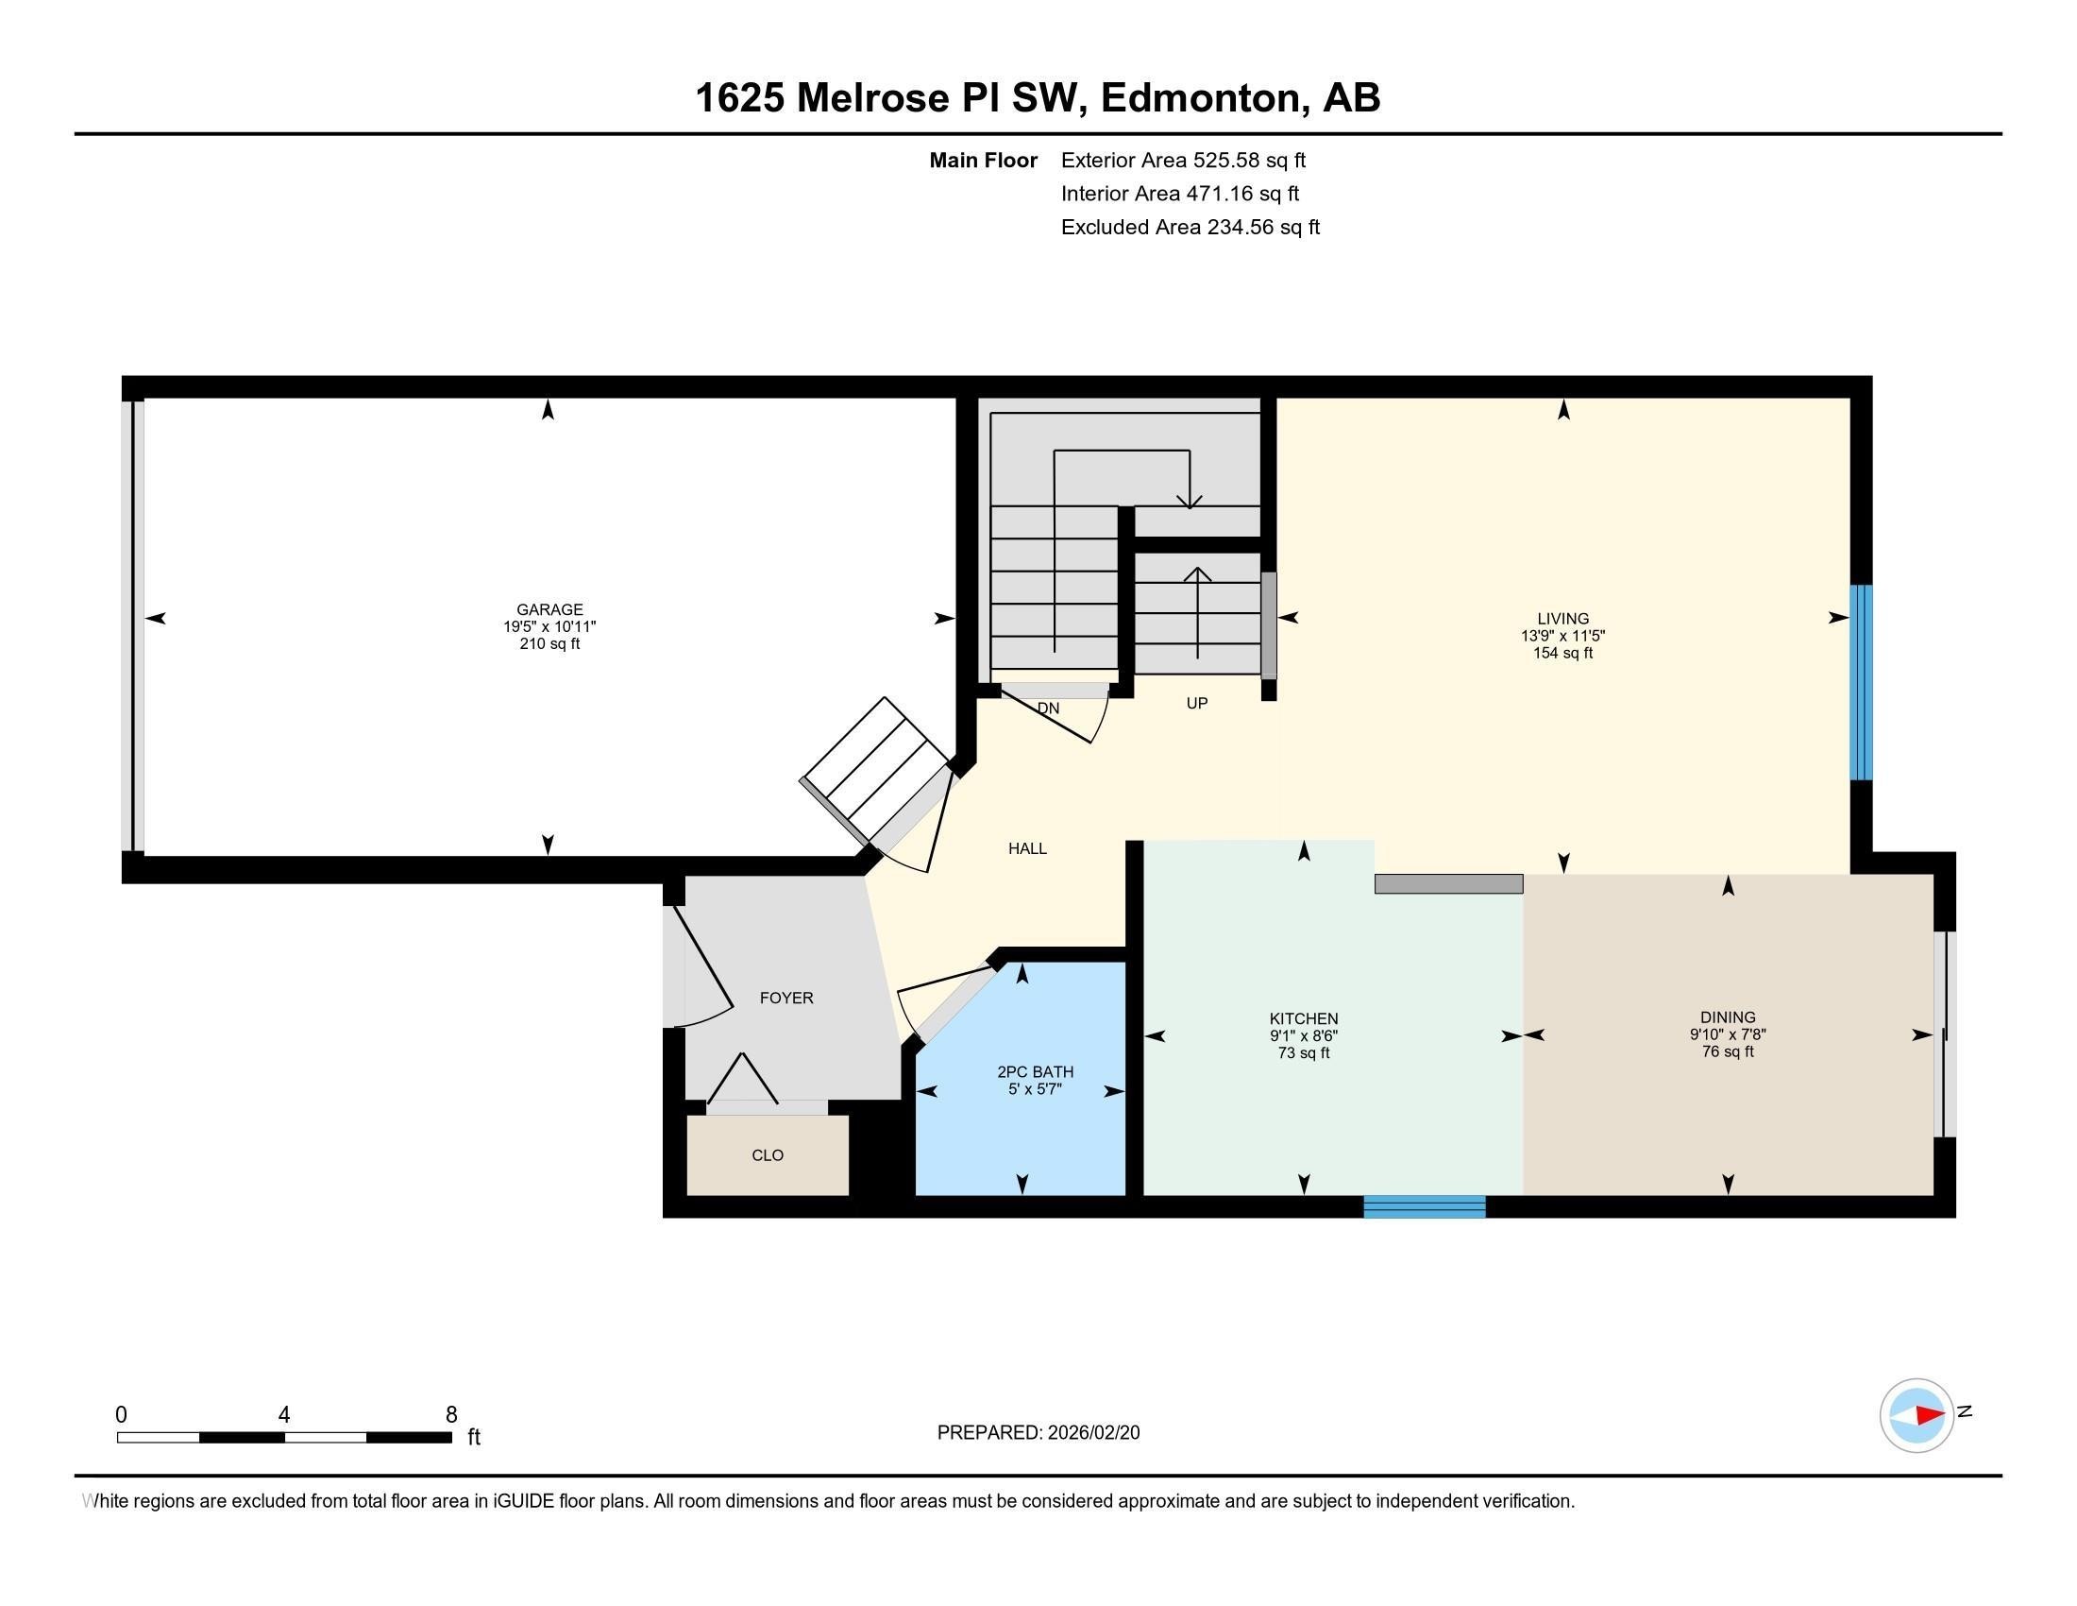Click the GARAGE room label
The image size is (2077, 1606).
(549, 610)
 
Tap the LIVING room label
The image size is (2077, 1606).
(1562, 619)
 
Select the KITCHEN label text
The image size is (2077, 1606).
(1303, 1018)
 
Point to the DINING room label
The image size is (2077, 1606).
(1727, 1017)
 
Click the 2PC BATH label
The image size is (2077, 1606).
(1035, 1072)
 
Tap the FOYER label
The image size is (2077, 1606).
(785, 998)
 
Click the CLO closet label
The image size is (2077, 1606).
(767, 1155)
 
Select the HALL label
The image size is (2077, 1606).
(1027, 848)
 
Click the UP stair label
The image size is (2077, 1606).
(1196, 703)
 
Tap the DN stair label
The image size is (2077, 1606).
(1048, 709)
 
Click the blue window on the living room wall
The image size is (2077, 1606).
(1860, 682)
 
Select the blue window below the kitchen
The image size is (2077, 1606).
(1424, 1206)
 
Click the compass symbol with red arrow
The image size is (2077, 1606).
(1917, 1415)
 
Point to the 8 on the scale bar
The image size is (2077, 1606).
(450, 1415)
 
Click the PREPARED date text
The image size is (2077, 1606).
(1038, 1433)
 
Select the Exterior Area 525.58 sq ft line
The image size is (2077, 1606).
(1183, 161)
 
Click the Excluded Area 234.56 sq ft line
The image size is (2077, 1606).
(1190, 228)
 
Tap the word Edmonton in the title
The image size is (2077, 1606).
(1199, 98)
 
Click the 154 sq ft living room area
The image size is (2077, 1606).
(1562, 654)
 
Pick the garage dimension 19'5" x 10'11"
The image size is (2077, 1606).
(549, 627)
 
